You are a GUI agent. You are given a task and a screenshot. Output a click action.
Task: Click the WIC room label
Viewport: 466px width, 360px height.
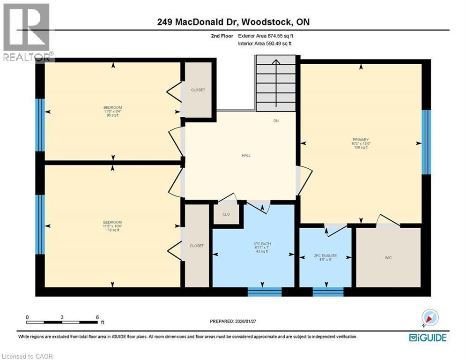tap(388, 257)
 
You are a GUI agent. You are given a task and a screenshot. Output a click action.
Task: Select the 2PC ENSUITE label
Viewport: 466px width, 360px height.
tap(325, 256)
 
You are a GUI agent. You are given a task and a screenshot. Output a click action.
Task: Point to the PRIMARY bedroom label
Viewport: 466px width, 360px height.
tap(361, 140)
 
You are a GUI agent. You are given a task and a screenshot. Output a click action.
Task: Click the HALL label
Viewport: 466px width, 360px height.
tap(246, 155)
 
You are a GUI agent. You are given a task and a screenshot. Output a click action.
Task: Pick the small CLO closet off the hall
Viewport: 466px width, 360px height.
tap(226, 215)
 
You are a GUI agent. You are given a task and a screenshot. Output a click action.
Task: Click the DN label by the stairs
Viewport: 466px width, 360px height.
tap(276, 121)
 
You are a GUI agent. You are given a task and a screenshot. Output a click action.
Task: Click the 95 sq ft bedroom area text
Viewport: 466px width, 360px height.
tap(112, 115)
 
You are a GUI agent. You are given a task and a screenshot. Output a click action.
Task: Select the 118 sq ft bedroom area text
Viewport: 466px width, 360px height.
tap(112, 230)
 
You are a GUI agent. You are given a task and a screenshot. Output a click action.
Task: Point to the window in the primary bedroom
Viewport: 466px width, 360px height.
tap(426, 142)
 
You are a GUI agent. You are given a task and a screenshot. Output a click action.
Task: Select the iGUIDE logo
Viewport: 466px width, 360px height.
tap(427, 337)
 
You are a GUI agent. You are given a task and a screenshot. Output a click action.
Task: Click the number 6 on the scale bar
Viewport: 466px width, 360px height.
tap(96, 317)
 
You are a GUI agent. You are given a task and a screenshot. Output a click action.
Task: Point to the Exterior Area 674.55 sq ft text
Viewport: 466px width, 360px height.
tap(266, 36)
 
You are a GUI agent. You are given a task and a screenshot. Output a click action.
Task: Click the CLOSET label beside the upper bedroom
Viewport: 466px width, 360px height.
tap(198, 90)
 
